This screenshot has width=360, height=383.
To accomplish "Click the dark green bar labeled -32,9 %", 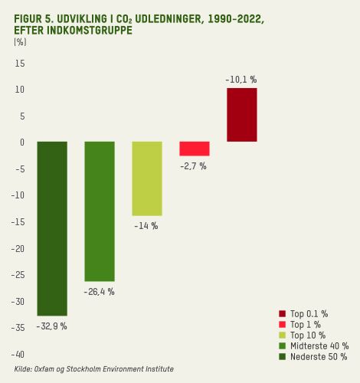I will click(x=52, y=228).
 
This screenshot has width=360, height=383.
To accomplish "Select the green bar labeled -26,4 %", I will click(x=100, y=211).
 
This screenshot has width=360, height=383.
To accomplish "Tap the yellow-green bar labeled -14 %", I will click(x=147, y=178).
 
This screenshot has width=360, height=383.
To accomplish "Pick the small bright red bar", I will click(x=195, y=149).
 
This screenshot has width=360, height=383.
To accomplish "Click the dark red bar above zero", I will click(x=241, y=115).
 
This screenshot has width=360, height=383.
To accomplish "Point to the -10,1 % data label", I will click(x=241, y=79).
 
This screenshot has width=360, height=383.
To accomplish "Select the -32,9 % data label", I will click(x=51, y=326).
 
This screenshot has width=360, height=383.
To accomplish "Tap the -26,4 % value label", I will click(x=99, y=292).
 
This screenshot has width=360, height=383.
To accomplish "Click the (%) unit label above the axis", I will click(x=20, y=43).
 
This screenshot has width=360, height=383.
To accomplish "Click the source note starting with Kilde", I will click(x=93, y=369).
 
